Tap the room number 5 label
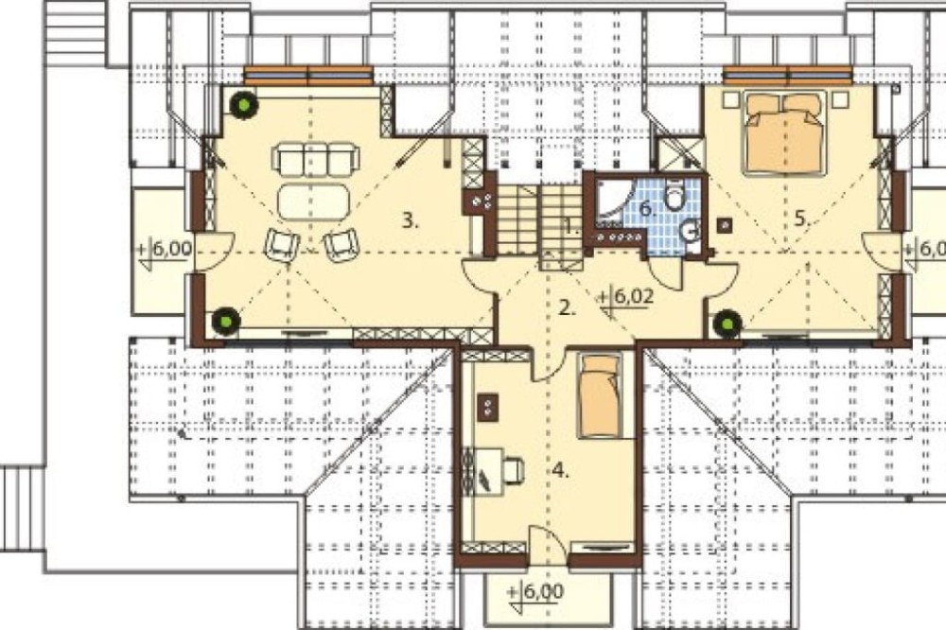tap(801, 219)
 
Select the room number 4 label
tap(561, 471)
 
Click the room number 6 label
tap(647, 210)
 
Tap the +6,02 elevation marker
tap(624, 298)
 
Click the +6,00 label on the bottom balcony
tap(535, 591)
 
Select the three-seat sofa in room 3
tap(316, 158)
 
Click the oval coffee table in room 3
tap(313, 201)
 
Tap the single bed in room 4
tap(600, 395)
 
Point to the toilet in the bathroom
tap(674, 195)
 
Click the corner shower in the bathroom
tap(611, 201)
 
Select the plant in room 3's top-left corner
tap(244, 106)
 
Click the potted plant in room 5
tap(727, 324)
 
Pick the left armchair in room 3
tap(282, 245)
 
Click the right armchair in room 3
tap(342, 245)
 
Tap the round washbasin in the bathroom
tap(690, 230)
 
